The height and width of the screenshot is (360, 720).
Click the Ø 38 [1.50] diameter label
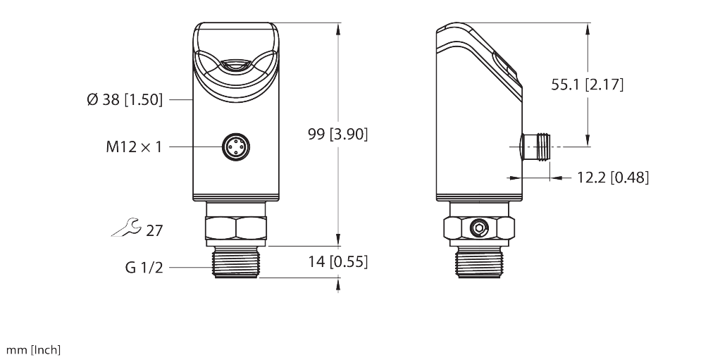124,100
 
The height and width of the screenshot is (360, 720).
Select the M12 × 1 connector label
134,147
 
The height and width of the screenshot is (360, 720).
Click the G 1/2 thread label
144,268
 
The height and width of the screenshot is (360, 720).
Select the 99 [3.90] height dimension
338,135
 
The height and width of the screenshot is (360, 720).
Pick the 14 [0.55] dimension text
338,261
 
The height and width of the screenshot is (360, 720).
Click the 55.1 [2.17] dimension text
588,85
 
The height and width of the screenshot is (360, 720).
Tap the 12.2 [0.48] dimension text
612,178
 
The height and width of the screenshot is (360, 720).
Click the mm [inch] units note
33,350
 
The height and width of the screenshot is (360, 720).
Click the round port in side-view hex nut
480,228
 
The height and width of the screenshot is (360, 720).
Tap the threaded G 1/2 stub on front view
236,262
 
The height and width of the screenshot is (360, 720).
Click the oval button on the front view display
236,66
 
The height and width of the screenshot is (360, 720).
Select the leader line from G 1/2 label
190,268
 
